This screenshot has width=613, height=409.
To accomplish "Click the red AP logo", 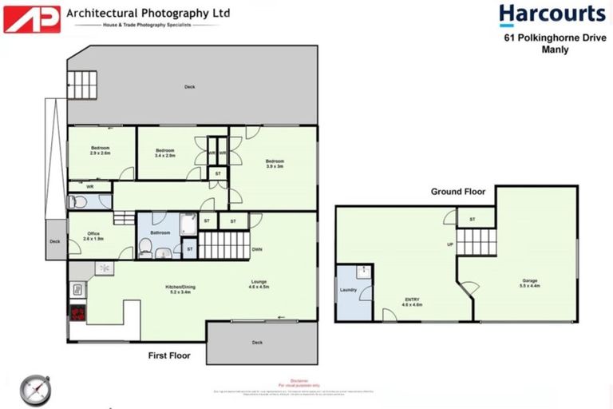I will pos(32,18).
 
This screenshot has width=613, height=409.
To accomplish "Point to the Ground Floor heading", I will pos(458,192).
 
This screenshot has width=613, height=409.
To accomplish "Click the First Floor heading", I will pos(169,355).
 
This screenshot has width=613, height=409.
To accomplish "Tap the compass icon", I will pos(36,389).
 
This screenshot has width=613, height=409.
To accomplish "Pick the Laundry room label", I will pos(348,290).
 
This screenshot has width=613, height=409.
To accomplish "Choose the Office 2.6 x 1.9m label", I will pos(93,236).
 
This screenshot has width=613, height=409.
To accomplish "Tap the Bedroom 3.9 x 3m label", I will pos(275,163).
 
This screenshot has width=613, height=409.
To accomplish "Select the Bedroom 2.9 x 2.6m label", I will pos(100,150).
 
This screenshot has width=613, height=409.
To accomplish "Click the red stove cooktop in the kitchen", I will pos(77,314).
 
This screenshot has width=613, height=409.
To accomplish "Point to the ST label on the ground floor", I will pos(472,219).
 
